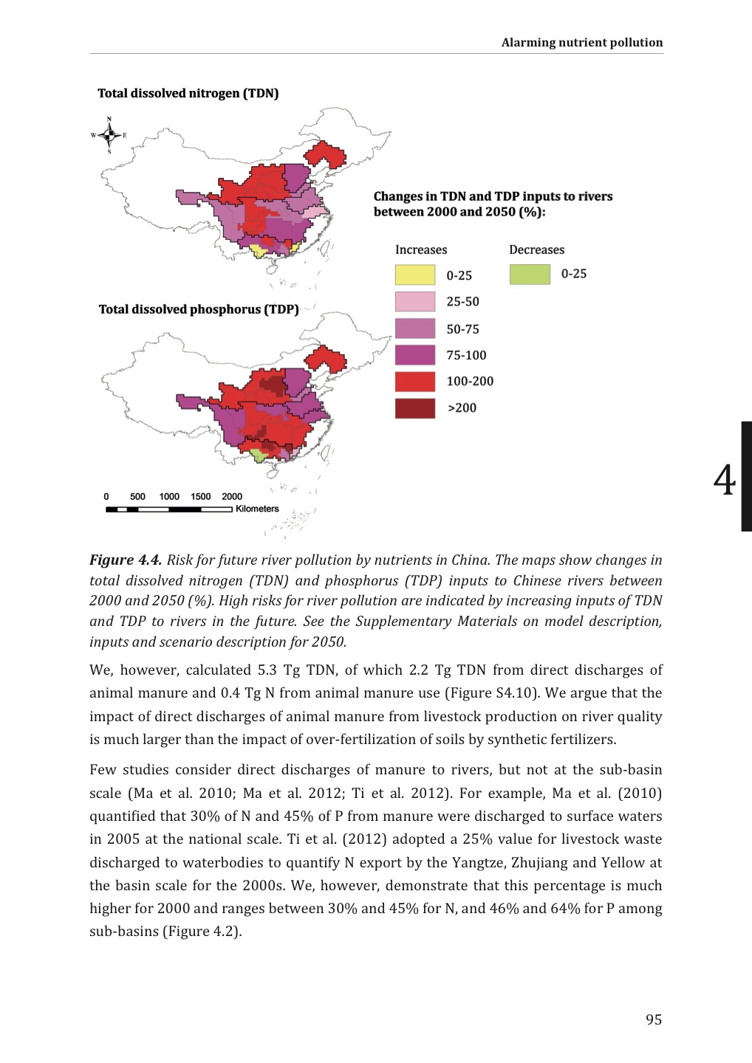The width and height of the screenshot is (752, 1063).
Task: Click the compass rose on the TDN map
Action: [x=109, y=135]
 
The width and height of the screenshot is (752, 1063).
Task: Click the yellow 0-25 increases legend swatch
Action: [x=414, y=275]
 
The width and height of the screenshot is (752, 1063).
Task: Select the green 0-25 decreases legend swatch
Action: [x=530, y=274]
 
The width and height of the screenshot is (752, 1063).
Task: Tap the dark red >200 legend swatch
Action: [x=414, y=408]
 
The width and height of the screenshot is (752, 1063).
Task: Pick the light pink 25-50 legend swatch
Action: [x=414, y=301]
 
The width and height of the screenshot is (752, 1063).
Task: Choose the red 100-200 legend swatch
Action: [x=414, y=382]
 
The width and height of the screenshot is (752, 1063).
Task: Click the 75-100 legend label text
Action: [x=466, y=355]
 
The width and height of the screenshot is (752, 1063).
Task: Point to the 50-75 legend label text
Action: [x=462, y=329]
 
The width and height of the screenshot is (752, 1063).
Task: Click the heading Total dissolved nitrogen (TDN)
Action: [x=188, y=93]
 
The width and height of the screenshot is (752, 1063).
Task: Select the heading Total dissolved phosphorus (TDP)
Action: [x=199, y=309]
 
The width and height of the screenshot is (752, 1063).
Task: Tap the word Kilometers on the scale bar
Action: [x=257, y=509]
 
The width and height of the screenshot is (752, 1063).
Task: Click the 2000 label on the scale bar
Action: [x=232, y=497]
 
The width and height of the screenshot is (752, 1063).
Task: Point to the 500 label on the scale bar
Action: [x=138, y=497]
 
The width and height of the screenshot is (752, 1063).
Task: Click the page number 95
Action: [x=654, y=1019]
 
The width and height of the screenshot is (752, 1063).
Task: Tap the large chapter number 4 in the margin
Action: [x=725, y=480]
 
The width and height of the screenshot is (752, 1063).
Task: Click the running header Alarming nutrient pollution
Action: [x=582, y=42]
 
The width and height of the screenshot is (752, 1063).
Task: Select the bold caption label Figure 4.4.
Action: [x=126, y=560]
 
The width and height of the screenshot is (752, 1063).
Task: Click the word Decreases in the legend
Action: [x=536, y=250]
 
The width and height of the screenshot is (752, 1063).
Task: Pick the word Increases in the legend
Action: [x=421, y=250]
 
